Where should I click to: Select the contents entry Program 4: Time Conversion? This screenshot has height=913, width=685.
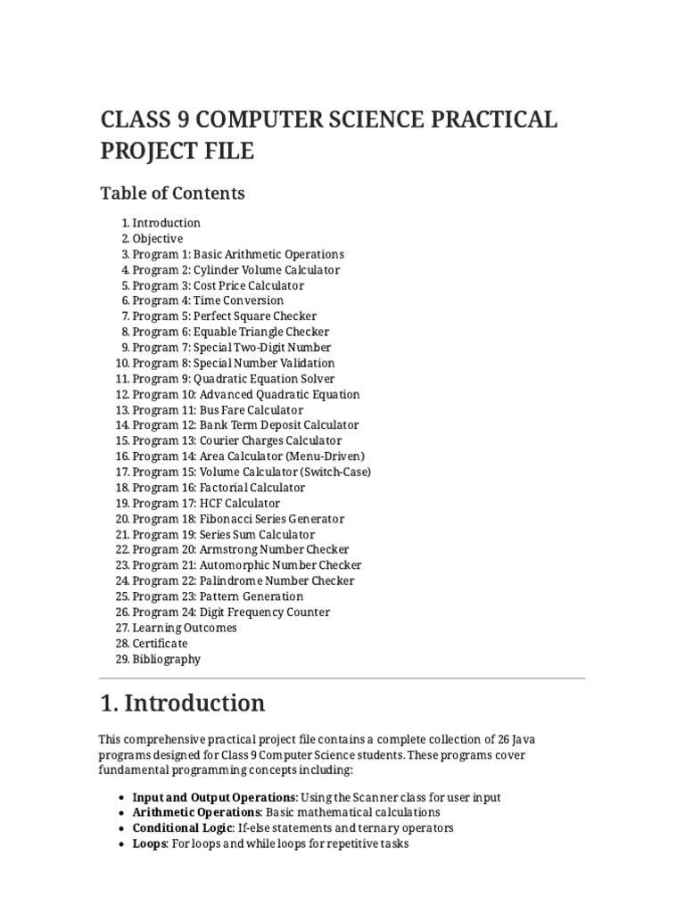click(208, 300)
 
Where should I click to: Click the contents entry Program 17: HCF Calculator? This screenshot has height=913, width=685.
click(205, 503)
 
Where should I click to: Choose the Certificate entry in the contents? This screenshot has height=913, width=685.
click(160, 643)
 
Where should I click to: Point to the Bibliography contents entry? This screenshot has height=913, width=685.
click(166, 659)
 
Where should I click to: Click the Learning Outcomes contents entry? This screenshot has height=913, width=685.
click(185, 628)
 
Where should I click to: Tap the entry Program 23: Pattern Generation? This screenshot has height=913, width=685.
click(218, 596)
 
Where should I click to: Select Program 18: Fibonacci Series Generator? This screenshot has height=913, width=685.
click(238, 519)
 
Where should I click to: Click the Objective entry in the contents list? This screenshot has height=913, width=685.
click(158, 238)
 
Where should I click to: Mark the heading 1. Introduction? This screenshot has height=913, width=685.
click(183, 703)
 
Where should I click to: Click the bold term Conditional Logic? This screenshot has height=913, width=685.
click(182, 827)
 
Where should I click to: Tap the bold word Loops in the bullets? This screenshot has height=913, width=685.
click(149, 843)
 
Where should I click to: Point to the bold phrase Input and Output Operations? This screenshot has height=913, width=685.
click(214, 796)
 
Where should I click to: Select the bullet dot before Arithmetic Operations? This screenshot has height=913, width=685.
click(121, 812)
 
